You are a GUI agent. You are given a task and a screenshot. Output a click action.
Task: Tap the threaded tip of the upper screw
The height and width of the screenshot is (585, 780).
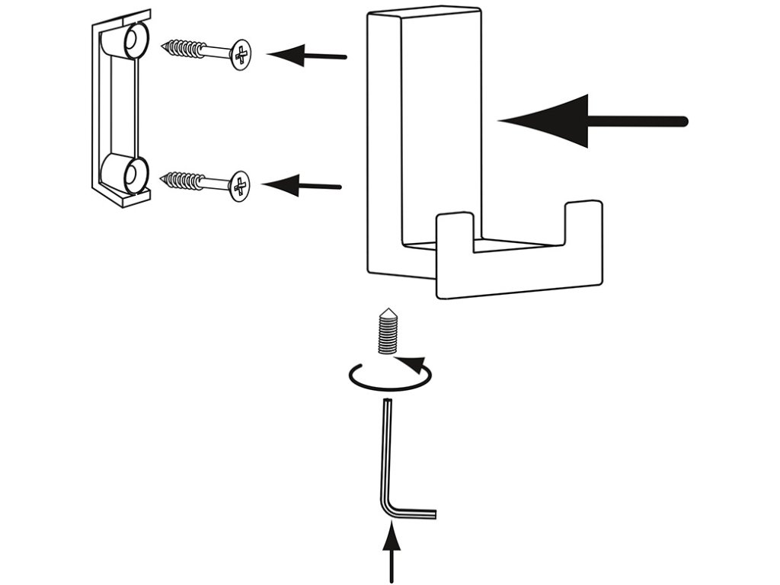(171, 46)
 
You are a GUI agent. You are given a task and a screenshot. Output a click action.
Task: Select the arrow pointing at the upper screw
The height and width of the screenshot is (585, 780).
(308, 55)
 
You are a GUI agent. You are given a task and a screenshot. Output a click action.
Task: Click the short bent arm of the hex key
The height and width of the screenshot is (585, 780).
(415, 515)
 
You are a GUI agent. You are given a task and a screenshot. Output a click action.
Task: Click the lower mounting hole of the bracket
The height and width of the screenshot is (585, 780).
(132, 174)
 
